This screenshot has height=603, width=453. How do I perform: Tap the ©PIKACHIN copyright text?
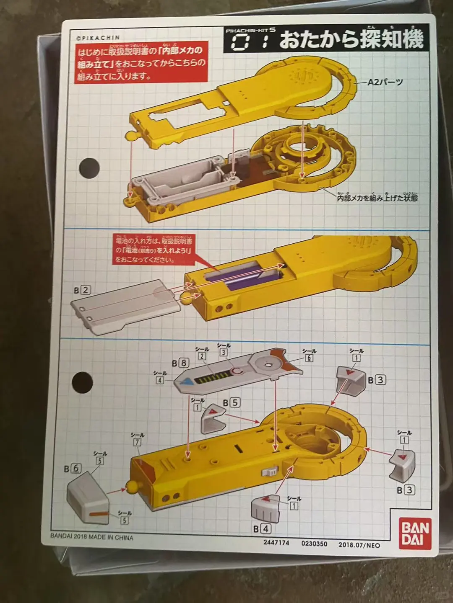pyautogui.click(x=98, y=37)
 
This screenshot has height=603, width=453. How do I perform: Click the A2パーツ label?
pyautogui.click(x=385, y=82)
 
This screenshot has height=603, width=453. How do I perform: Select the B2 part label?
pyautogui.click(x=83, y=290)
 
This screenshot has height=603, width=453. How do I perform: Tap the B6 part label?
pyautogui.click(x=72, y=469)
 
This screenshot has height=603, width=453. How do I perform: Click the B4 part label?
pyautogui.click(x=262, y=528)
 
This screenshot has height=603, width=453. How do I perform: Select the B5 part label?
pyautogui.click(x=231, y=403)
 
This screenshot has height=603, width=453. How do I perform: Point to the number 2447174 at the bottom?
pyautogui.click(x=276, y=543)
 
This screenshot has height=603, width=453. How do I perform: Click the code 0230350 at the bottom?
pyautogui.click(x=314, y=543)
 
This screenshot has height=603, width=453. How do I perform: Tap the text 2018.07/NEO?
pyautogui.click(x=359, y=544)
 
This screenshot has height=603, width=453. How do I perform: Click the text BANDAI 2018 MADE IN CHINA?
pyautogui.click(x=92, y=537)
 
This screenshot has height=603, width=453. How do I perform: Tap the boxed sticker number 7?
pyautogui.click(x=137, y=442)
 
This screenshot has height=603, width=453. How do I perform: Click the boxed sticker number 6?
pyautogui.click(x=309, y=358)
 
